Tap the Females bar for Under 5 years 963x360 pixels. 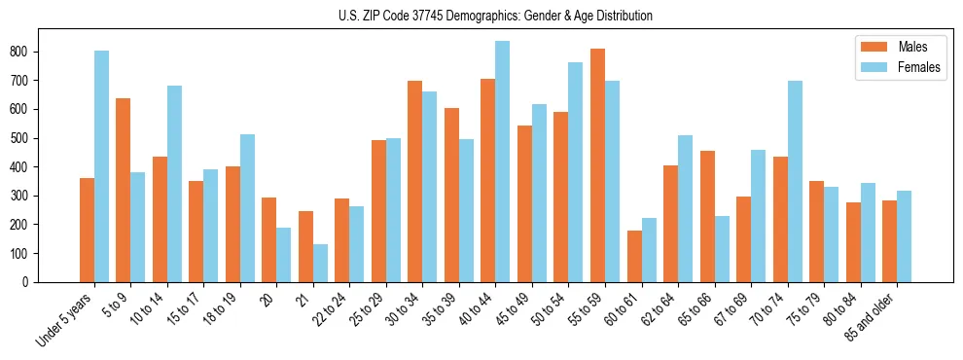click(101, 166)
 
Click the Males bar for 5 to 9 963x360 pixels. click(124, 190)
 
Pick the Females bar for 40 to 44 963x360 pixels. click(503, 162)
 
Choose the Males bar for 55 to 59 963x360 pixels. click(597, 165)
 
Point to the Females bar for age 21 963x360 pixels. click(320, 263)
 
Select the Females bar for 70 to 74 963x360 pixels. click(795, 181)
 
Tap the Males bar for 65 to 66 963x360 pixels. click(707, 216)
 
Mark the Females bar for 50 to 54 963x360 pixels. click(576, 172)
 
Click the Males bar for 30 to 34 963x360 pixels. click(415, 181)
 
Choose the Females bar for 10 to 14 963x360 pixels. click(174, 184)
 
